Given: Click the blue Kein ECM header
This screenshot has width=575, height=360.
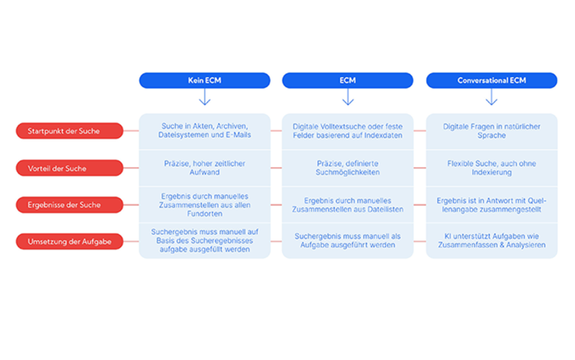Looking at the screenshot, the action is (x=204, y=81).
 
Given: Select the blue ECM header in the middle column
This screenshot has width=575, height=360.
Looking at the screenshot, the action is (x=348, y=81).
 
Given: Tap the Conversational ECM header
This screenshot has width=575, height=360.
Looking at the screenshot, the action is (x=492, y=81).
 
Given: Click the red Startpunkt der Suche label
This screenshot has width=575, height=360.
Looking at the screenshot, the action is (x=70, y=131).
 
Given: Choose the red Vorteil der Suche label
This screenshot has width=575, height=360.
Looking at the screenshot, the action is (x=70, y=168).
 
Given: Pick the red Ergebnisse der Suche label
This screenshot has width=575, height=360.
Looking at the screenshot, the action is (x=70, y=205).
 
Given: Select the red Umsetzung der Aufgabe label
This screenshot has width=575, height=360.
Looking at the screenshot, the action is (x=70, y=242).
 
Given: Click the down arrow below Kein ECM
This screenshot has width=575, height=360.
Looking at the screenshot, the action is (x=204, y=97).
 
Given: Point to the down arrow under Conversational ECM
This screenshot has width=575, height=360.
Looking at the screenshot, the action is (x=491, y=97).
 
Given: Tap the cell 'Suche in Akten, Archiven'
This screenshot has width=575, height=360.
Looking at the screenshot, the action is (x=204, y=131).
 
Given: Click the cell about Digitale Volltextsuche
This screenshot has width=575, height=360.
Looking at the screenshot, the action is (x=348, y=131).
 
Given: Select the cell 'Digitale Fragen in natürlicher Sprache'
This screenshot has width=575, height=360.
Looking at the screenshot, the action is (x=492, y=131).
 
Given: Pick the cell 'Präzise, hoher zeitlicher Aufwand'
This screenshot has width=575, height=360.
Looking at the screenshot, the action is (x=204, y=168).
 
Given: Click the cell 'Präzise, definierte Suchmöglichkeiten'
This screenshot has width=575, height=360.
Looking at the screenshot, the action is (x=348, y=168).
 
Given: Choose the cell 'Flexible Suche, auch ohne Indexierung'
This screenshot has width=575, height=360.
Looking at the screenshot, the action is (x=492, y=168).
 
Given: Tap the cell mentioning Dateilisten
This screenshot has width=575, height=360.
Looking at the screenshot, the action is (x=348, y=205).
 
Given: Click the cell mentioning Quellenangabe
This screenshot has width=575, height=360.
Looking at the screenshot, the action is (x=492, y=205).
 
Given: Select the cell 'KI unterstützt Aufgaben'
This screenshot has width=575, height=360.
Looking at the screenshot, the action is (x=492, y=240).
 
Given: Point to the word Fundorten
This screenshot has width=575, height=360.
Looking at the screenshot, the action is (x=204, y=214).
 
